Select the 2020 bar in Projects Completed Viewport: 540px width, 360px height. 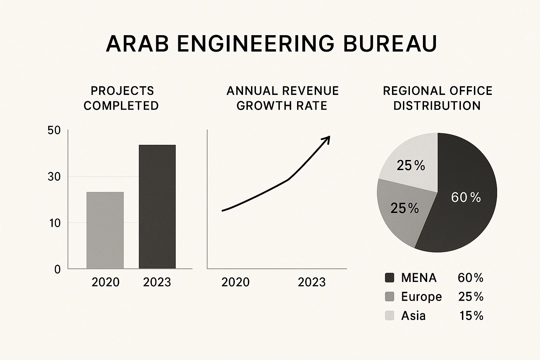click(105, 230)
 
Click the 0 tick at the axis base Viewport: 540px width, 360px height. click(57, 269)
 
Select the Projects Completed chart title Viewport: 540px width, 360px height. click(122, 98)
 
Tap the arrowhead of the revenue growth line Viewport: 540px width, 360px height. click(327, 139)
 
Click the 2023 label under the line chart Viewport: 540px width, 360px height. click(311, 282)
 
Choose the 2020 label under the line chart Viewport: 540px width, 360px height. click(235, 282)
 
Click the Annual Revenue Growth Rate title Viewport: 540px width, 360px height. click(282, 98)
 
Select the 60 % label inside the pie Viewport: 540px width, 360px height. click(465, 198)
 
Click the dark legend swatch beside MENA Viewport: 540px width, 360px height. click(390, 278)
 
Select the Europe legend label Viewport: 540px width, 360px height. click(421, 297)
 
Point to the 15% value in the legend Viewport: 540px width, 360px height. click(471, 316)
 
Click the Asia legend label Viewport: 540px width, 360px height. click(413, 316)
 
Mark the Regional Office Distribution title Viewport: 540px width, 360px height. click(437, 98)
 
